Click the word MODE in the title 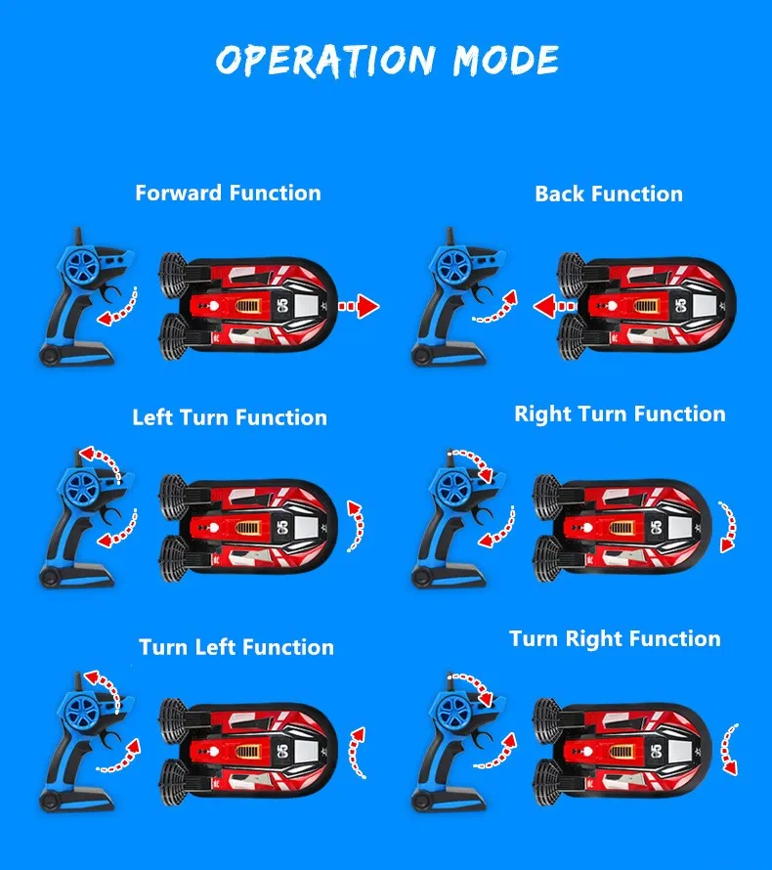pos(505,60)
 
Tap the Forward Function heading pos(228,193)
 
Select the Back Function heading pos(608,194)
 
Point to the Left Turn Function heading pos(230,417)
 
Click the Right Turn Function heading pos(620,413)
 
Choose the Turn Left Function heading pos(236,647)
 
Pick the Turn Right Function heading pos(615,639)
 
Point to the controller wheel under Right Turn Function pos(452,486)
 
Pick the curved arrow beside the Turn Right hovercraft pos(729,750)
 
